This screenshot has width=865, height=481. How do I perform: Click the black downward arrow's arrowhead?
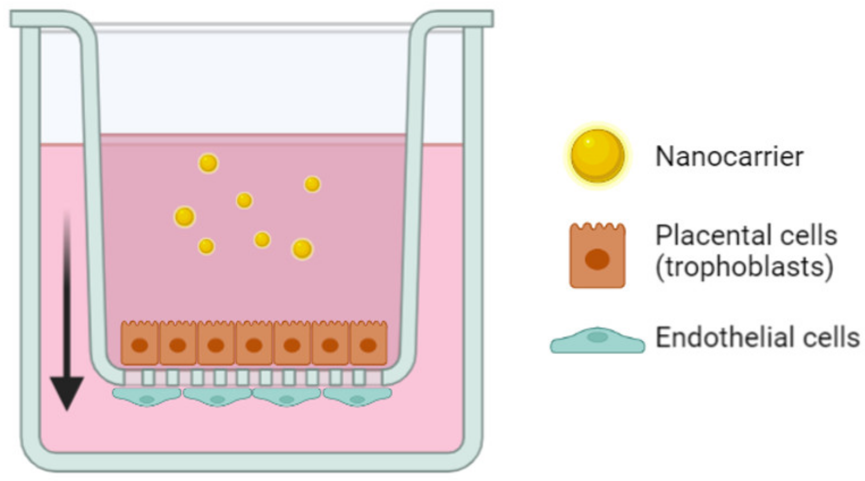click(67, 392)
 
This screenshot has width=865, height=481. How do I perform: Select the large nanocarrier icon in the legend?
click(597, 156)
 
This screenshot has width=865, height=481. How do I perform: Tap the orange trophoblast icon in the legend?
click(597, 256)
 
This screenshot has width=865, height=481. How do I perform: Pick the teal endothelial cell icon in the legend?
click(597, 341)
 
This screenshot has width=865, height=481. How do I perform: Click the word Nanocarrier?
click(729, 156)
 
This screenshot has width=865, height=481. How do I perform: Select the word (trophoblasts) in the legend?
click(744, 267)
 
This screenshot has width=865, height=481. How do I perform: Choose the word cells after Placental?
click(808, 235)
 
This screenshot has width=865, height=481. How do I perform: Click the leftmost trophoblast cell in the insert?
click(140, 343)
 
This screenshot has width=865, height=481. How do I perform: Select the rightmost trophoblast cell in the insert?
click(369, 343)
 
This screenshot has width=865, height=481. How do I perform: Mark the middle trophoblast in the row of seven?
click(254, 343)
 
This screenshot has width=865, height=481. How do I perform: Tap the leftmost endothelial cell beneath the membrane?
click(147, 397)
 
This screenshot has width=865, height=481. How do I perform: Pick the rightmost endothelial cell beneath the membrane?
click(358, 397)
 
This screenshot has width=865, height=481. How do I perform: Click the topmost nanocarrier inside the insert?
click(208, 163)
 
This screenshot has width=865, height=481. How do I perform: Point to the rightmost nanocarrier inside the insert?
click(312, 184)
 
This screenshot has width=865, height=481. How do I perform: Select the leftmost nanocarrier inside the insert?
click(184, 216)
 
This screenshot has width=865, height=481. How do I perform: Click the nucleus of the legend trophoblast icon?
click(597, 259)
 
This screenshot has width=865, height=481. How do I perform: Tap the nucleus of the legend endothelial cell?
click(597, 337)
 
